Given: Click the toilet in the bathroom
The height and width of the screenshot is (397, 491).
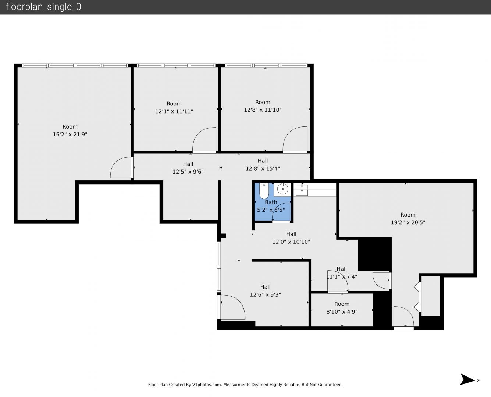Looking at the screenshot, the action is [x=264, y=191].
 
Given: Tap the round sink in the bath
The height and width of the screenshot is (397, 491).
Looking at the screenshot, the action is [x=282, y=189].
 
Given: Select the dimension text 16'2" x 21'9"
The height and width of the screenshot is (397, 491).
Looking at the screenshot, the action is [x=70, y=134].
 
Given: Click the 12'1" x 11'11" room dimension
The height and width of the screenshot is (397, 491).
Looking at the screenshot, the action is [x=174, y=111].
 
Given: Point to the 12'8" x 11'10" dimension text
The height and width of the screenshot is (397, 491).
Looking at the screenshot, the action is [x=263, y=110].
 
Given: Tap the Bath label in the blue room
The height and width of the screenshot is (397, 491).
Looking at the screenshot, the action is [x=271, y=202].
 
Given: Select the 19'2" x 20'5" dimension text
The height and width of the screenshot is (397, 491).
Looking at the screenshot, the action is [x=408, y=222].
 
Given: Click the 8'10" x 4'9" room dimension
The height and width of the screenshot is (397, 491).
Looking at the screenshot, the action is [x=342, y=311].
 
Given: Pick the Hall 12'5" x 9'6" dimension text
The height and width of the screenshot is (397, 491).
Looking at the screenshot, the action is [x=188, y=172].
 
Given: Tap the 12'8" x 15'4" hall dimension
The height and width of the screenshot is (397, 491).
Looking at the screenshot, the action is [x=263, y=168].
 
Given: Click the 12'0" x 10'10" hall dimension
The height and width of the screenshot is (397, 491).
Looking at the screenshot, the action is [x=291, y=242].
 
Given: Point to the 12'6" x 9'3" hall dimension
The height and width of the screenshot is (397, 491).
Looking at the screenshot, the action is [x=265, y=294].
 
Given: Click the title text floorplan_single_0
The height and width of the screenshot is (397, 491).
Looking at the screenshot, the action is [x=43, y=7].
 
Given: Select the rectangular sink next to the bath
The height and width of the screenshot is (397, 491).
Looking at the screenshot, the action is [x=302, y=190].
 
